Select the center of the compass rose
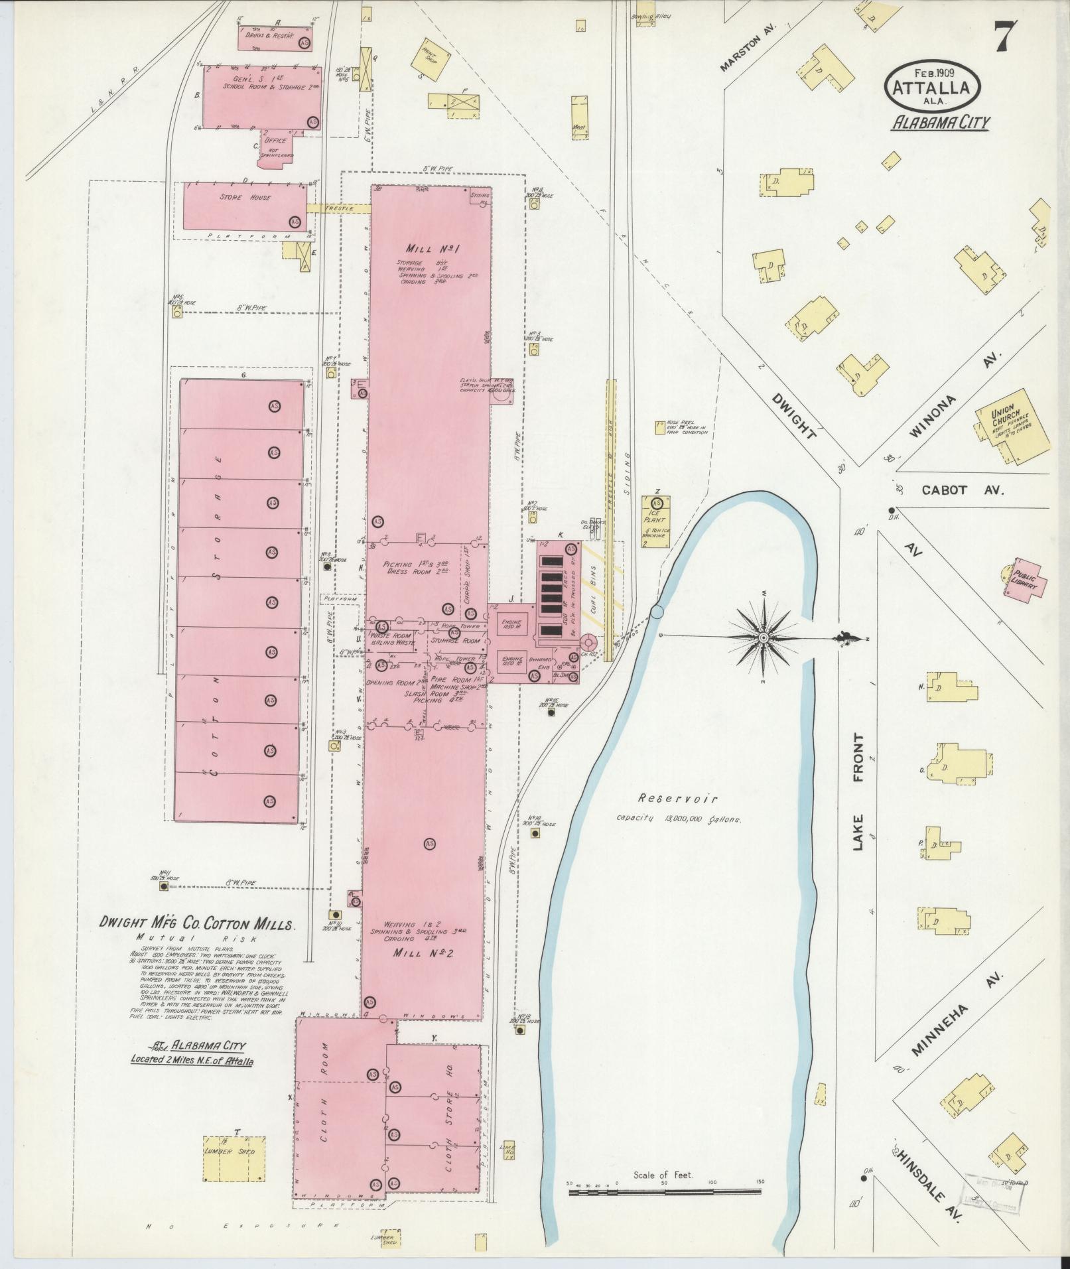764,637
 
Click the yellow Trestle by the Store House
339,208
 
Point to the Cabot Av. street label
963,491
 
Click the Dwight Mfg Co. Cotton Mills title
197,923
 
